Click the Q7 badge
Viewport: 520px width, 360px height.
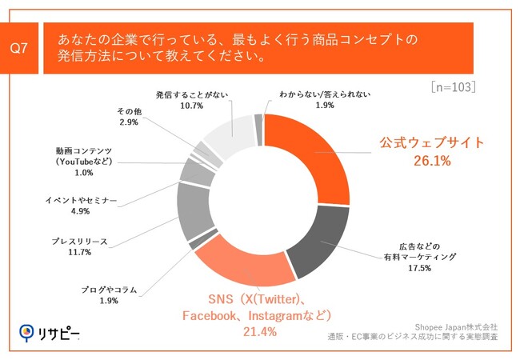[19, 48]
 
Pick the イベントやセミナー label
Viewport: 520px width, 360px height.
[80, 199]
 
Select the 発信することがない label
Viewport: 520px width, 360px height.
[192, 94]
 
